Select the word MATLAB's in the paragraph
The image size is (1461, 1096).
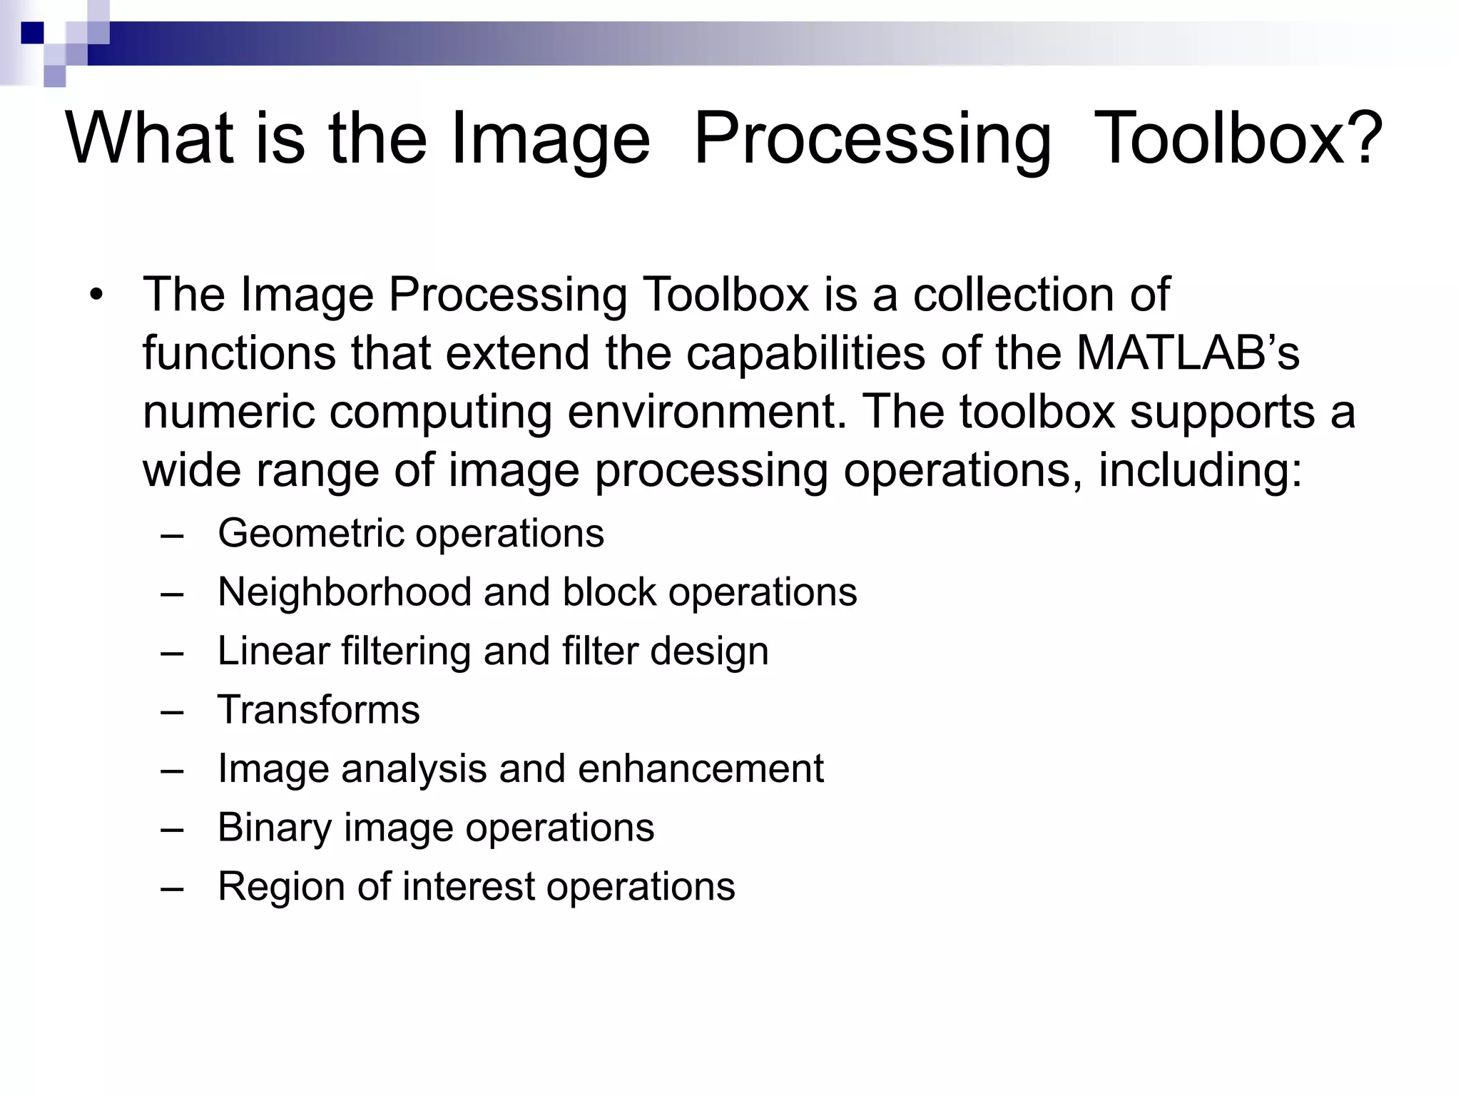pyautogui.click(x=1187, y=353)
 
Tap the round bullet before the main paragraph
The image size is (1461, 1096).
pyautogui.click(x=96, y=295)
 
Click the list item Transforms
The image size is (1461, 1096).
pyautogui.click(x=319, y=710)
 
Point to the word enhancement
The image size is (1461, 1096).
pyautogui.click(x=701, y=769)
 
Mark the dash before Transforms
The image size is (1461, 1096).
pyautogui.click(x=172, y=711)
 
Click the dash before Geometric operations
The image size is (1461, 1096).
pyautogui.click(x=172, y=535)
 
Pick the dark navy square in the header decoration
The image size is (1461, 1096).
pyautogui.click(x=32, y=33)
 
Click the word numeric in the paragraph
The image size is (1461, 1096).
pyautogui.click(x=228, y=412)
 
